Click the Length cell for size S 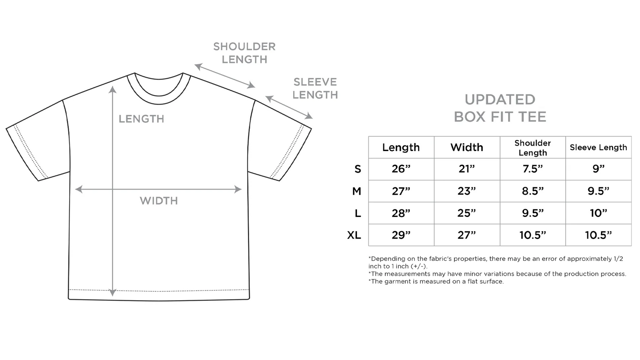coord(401,169)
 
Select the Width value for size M coord(466,191)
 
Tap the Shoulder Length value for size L coord(532,213)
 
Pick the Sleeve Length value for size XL coord(598,235)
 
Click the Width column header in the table coord(466,147)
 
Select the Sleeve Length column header coord(598,147)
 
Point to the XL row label coord(354,235)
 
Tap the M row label coord(357,191)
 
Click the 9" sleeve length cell coord(598,169)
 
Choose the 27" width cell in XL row coord(466,235)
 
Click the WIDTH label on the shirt coord(159,201)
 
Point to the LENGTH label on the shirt coord(141,119)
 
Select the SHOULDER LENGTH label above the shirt coord(244,53)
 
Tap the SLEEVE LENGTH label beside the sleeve coord(315,88)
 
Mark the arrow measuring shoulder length coord(225,76)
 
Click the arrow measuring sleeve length coord(289,107)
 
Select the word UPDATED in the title coord(500,99)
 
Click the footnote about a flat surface coord(436,282)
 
